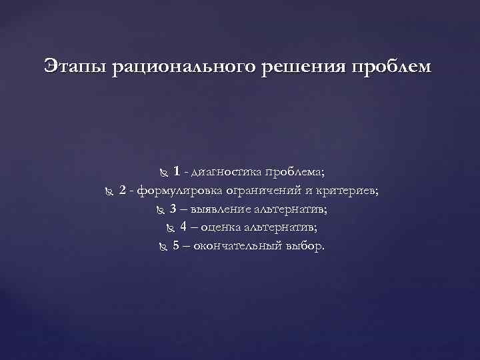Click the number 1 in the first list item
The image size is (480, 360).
pyautogui.click(x=176, y=172)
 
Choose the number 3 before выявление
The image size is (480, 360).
pyautogui.click(x=173, y=209)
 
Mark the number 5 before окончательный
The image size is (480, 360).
pyautogui.click(x=176, y=245)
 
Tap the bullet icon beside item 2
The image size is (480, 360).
pyautogui.click(x=110, y=192)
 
